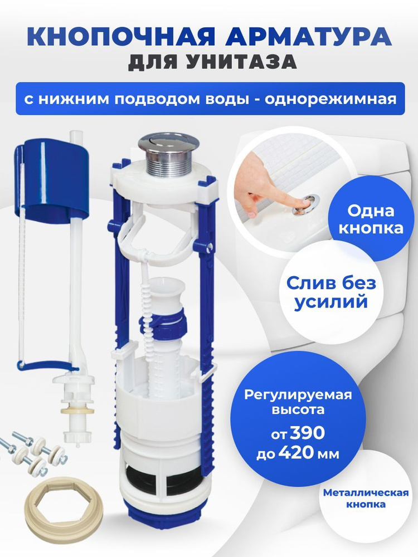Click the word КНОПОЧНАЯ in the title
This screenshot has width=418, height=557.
tap(121, 36)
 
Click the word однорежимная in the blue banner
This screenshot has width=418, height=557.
tap(330, 99)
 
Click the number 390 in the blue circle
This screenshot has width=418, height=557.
tap(308, 433)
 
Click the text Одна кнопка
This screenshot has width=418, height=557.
tap(371, 219)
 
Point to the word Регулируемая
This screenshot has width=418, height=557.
tap(298, 395)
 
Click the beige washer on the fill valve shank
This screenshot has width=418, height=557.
tap(77, 411)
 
